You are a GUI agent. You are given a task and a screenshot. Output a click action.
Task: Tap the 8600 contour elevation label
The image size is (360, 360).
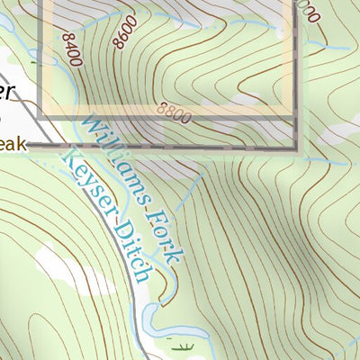coord(125,32)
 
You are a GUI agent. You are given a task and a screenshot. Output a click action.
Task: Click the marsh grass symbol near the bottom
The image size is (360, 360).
coord(186,346)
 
